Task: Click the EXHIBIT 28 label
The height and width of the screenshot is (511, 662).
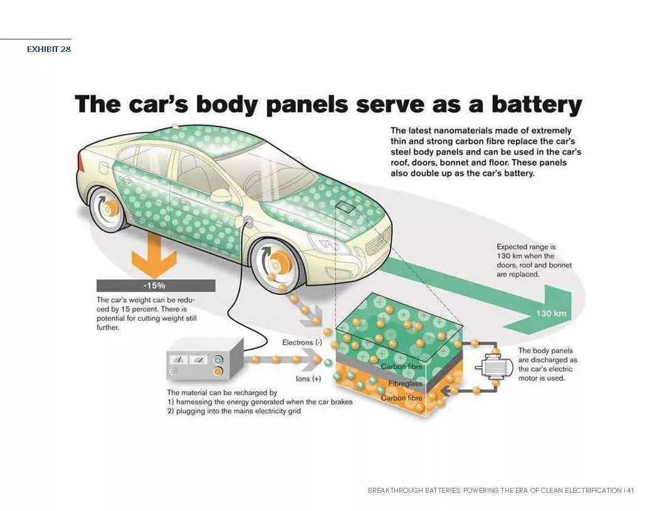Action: click(x=49, y=49)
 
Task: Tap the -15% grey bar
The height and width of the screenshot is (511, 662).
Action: click(x=156, y=286)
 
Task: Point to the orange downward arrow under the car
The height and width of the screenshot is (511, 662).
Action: click(x=154, y=255)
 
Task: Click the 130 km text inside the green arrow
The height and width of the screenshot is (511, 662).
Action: click(x=551, y=313)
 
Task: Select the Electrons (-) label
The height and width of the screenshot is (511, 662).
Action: click(x=302, y=343)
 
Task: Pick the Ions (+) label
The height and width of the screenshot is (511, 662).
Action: click(x=308, y=379)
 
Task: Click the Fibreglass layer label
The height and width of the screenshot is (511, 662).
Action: click(x=405, y=383)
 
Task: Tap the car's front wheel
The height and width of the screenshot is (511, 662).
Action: click(x=276, y=264)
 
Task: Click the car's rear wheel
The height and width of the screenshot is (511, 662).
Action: click(x=108, y=209)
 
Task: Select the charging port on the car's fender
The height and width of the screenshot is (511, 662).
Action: click(x=248, y=221)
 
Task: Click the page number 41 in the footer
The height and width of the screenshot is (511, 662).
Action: click(x=630, y=490)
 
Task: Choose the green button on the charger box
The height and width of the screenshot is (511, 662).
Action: click(x=218, y=360)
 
